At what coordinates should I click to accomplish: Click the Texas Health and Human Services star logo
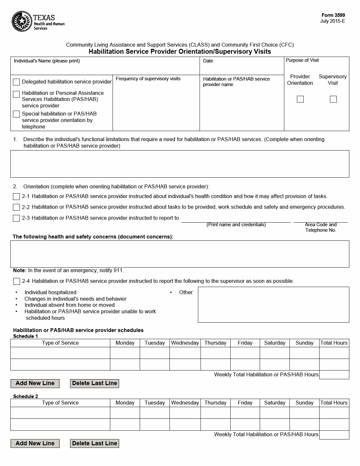tap(22, 21)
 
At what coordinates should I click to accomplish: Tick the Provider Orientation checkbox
tap(300, 99)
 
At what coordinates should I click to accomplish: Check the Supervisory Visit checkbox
tap(333, 99)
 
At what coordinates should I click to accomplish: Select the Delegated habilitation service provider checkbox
tap(16, 82)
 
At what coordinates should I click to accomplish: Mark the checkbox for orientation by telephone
tap(16, 114)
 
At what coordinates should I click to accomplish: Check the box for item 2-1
tap(16, 196)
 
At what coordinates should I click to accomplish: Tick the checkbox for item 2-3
tap(16, 218)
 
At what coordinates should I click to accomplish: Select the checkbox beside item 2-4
tap(16, 281)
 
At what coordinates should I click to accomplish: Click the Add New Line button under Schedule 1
tap(35, 383)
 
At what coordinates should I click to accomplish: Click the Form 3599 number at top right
tap(333, 15)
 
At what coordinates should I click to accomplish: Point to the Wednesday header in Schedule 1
tap(185, 343)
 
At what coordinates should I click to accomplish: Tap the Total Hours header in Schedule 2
tap(334, 403)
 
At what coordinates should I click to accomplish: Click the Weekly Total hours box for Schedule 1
tap(334, 375)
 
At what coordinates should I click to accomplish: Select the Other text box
tap(273, 305)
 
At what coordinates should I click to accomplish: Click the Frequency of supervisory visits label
tap(148, 79)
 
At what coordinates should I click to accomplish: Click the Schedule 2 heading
tap(26, 396)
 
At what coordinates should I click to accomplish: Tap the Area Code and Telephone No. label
tap(321, 227)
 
